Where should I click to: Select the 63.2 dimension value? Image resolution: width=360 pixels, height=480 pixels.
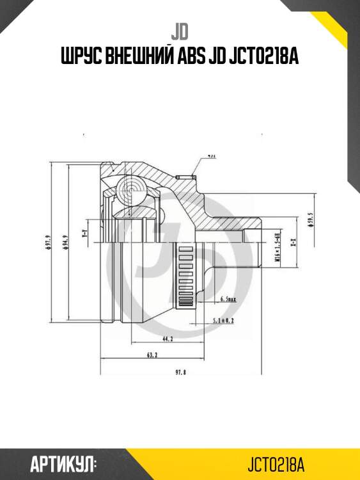152,353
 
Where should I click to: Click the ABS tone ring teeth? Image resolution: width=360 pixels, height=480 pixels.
186,276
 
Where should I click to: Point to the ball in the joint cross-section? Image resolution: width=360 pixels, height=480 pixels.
130,188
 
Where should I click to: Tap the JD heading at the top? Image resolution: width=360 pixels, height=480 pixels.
180,29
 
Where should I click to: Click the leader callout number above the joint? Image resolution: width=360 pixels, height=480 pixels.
211,156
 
